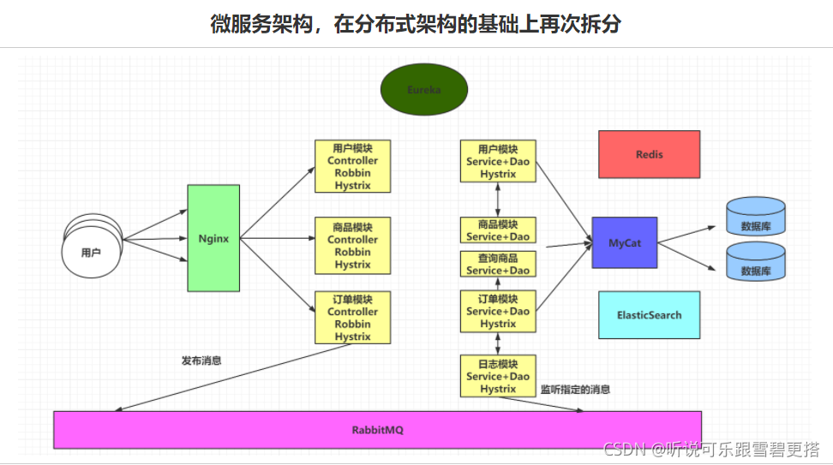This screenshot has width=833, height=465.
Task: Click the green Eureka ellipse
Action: [x=424, y=89]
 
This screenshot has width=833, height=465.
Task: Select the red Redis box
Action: [x=649, y=154]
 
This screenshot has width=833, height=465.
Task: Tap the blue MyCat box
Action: [x=625, y=242]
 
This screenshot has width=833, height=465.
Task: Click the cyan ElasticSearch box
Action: [x=649, y=314]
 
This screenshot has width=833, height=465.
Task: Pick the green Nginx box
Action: [x=213, y=238]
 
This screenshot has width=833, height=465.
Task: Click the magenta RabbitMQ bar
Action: [x=377, y=429]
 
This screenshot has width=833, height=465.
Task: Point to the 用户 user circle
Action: [x=91, y=252]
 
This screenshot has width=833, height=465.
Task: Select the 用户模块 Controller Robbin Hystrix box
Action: [x=352, y=166]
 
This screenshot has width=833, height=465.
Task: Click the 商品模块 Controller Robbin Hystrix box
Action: [x=352, y=246]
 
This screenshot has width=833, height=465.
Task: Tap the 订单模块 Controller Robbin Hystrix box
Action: [x=352, y=318]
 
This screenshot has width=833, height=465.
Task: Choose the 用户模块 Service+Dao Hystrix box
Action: [x=498, y=161]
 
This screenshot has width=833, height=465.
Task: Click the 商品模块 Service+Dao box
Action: [x=498, y=230]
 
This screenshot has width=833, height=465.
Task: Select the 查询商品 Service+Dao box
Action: [x=498, y=264]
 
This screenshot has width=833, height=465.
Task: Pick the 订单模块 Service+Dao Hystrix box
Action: [x=498, y=311]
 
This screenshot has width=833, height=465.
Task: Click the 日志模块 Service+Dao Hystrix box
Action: [x=498, y=376]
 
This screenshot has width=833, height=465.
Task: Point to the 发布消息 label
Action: [x=201, y=361]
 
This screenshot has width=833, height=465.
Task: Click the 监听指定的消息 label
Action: [x=575, y=389]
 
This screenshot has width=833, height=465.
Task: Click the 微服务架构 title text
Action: [x=416, y=24]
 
